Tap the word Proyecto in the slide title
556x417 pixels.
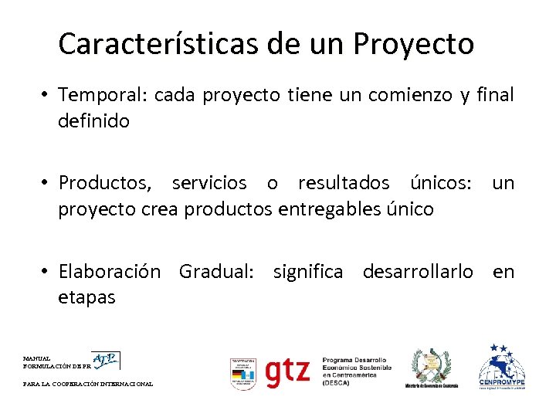414,44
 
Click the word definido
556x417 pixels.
93,121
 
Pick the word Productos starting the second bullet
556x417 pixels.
107,183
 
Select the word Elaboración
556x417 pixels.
110,272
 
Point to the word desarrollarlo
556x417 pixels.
418,272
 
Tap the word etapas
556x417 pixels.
86,297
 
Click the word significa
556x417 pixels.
307,272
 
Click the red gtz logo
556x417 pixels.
287,372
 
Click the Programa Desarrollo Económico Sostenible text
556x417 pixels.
356,371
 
